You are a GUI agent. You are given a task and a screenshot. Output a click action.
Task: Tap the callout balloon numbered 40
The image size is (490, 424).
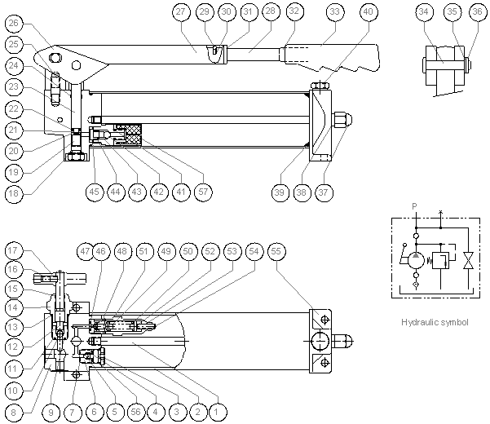pos(369,11)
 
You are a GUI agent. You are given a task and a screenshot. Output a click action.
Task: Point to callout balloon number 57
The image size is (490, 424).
pos(203,191)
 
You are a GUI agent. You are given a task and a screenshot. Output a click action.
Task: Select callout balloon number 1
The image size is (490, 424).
pos(216,412)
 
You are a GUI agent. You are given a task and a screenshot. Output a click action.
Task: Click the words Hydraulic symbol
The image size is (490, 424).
pos(435,322)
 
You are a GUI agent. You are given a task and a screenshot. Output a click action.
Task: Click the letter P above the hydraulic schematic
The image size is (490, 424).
pos(415,207)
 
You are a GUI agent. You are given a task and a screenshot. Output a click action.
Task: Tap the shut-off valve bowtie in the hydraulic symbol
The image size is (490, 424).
pos(468,262)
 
